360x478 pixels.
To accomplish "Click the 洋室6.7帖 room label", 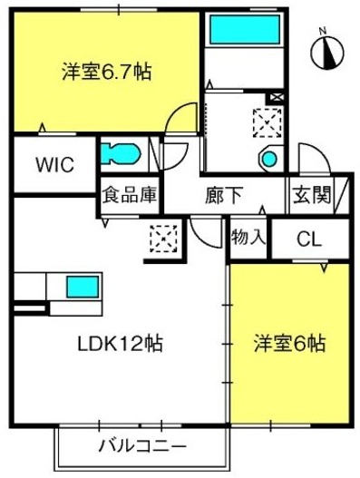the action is coord(107,72).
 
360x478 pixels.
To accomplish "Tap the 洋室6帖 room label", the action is coord(290,344).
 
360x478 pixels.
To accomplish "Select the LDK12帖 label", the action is coord(120,344).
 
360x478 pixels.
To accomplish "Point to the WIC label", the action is coord(55,164).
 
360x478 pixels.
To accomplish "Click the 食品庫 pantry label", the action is coord(130,195).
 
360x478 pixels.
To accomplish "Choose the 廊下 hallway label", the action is coord(224,195).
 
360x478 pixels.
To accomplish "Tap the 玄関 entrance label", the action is coord(311,194).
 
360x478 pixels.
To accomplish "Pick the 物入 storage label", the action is coord(248,237).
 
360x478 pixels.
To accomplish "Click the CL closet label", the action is coord(309,239).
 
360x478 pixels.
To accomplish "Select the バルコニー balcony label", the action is coord(142,446).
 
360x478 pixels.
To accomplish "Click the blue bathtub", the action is coord(245,30).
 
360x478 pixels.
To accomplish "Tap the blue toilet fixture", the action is coord(120,154).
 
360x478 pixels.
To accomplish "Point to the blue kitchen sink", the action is coord(83,287).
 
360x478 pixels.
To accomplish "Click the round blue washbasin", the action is coord(269,159).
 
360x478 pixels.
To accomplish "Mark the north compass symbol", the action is coord(327,53).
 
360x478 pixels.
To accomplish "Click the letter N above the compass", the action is coord(323,31).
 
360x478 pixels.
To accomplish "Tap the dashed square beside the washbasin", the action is coord(268,122).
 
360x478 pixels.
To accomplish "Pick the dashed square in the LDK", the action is coord(164,239).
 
